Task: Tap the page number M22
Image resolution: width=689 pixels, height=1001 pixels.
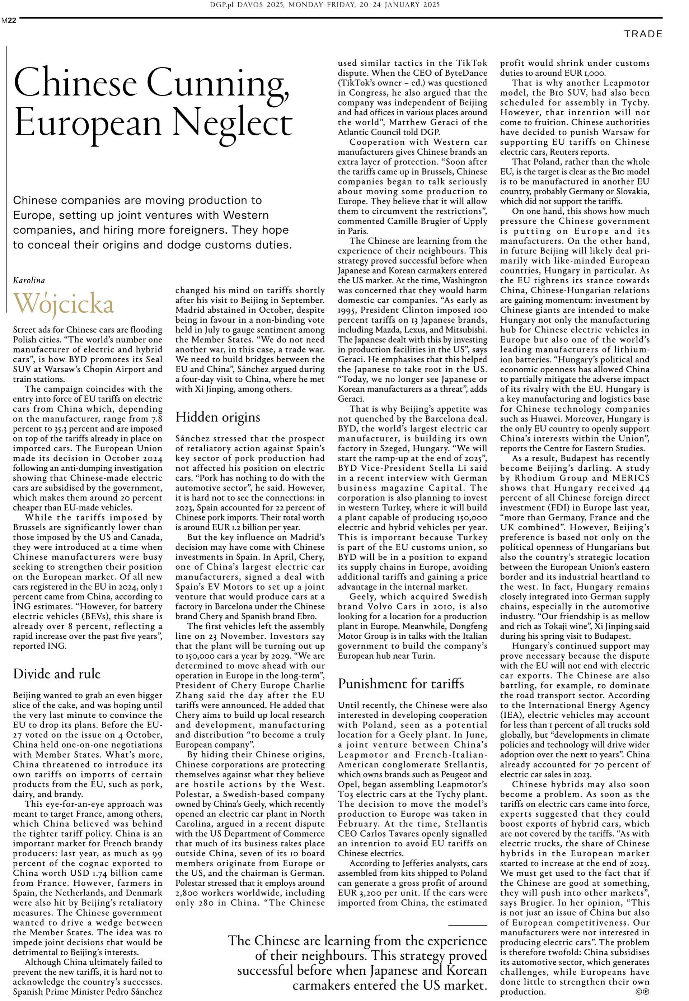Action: point(9,20)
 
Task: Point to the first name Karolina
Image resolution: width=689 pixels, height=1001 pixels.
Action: point(29,280)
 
